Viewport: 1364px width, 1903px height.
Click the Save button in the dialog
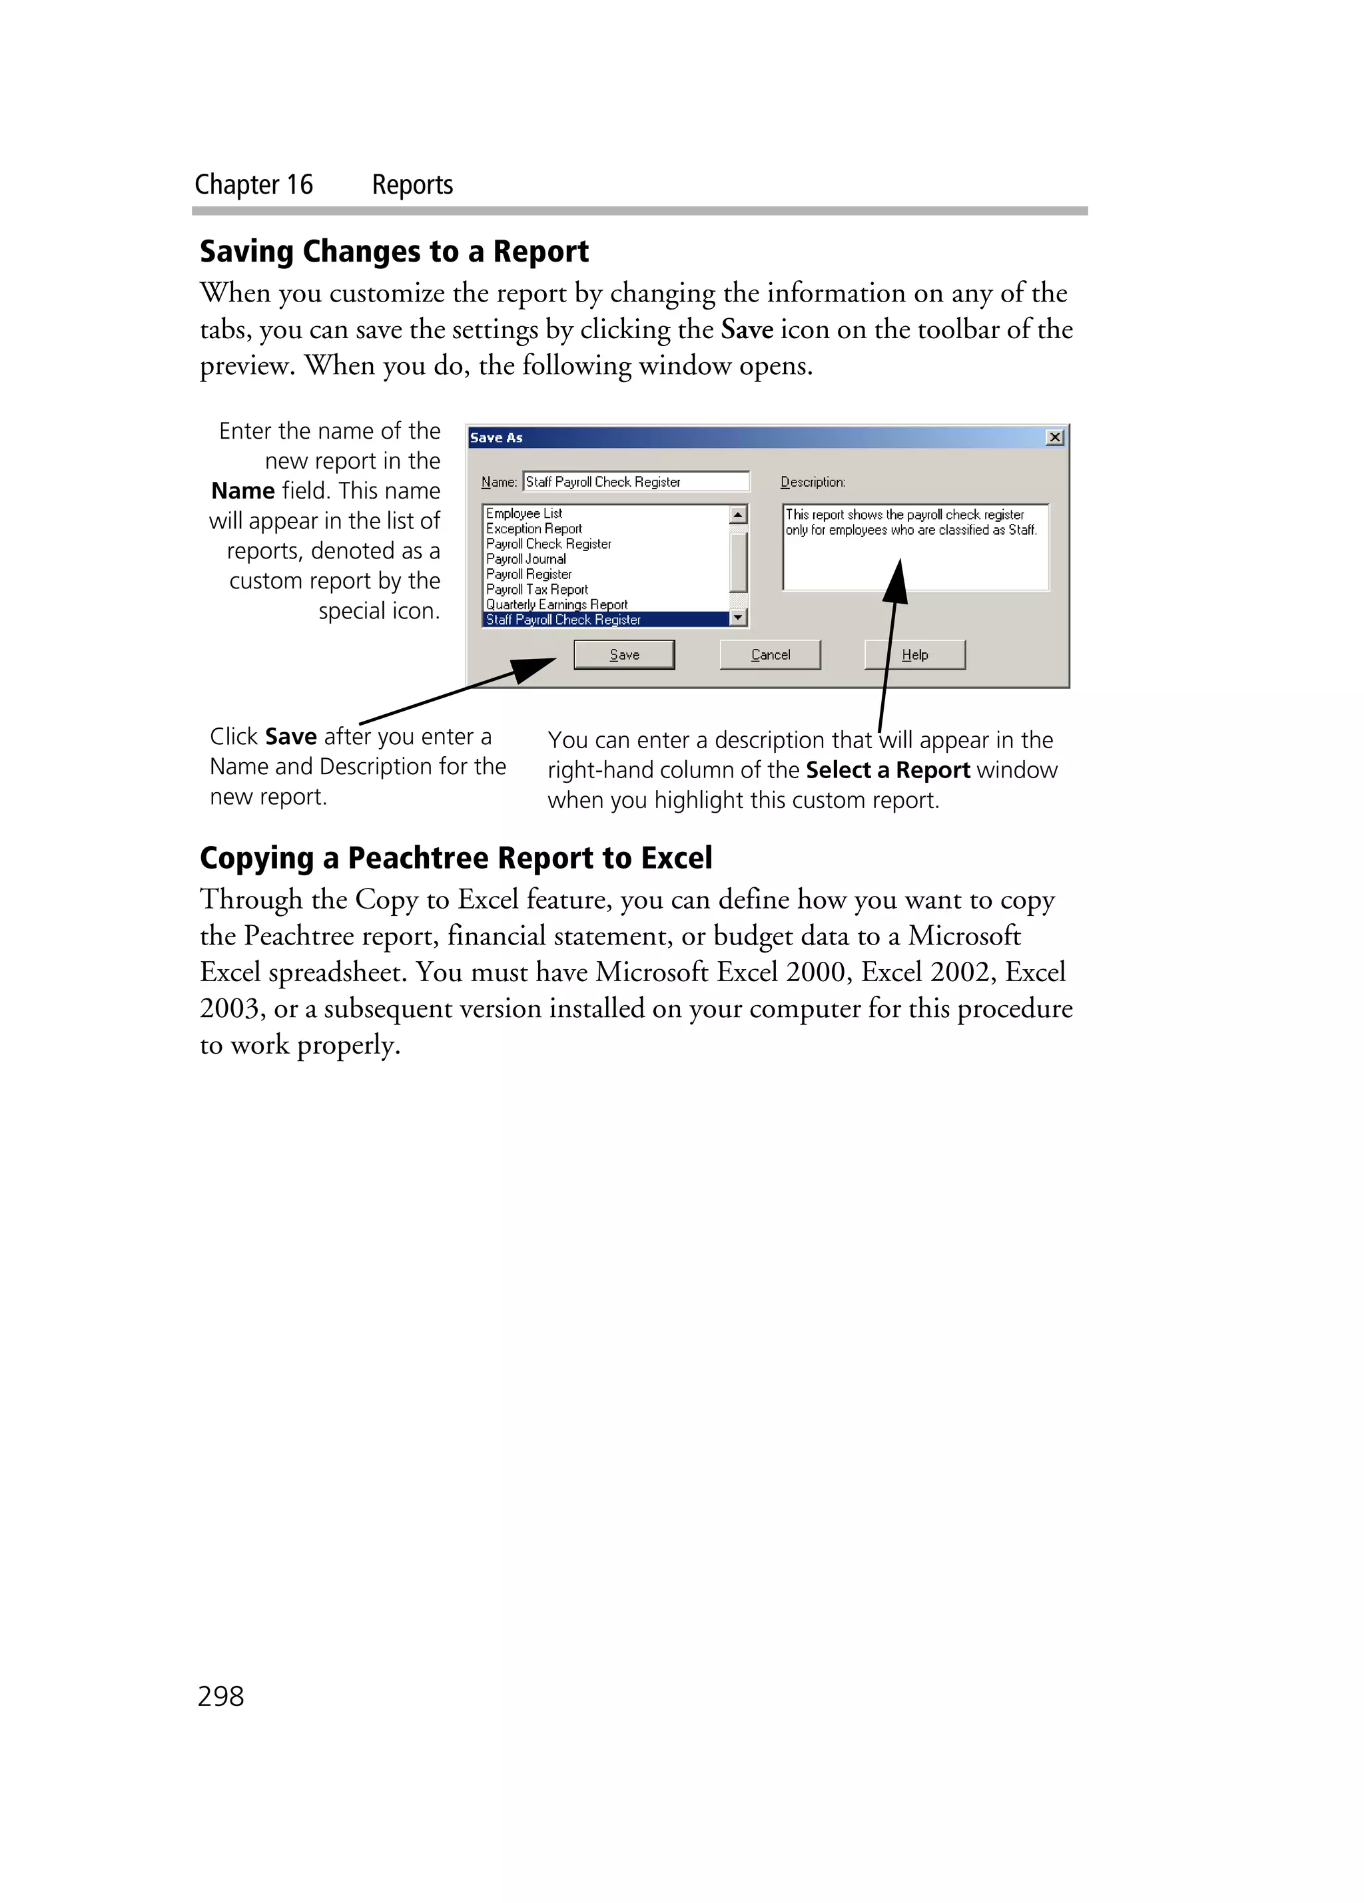[x=623, y=654]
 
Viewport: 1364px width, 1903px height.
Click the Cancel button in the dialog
[x=770, y=654]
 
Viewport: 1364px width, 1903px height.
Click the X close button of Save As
[x=1055, y=437]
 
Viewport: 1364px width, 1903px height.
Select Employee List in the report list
[x=523, y=513]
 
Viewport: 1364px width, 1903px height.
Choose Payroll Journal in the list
[x=526, y=559]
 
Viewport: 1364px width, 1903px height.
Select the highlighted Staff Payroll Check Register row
[x=563, y=619]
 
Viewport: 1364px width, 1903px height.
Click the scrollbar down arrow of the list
[x=739, y=618]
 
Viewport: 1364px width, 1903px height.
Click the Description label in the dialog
[x=813, y=482]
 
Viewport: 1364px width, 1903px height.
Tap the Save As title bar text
[x=496, y=437]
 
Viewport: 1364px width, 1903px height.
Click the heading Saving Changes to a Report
[x=394, y=251]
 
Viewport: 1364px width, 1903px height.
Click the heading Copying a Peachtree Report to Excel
[x=456, y=857]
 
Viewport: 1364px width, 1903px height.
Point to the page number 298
[x=220, y=1696]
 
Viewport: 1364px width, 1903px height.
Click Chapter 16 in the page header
[x=254, y=184]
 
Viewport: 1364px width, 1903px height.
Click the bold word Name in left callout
[x=242, y=491]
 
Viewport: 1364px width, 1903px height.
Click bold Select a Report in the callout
[x=887, y=770]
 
